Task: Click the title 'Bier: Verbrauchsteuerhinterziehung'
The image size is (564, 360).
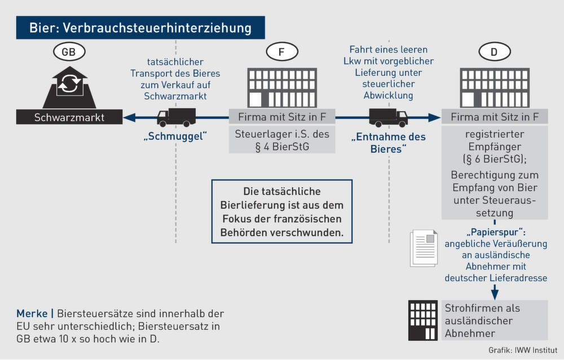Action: click(x=141, y=27)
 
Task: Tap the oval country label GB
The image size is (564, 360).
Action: click(x=69, y=52)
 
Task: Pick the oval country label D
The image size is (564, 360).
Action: click(x=495, y=52)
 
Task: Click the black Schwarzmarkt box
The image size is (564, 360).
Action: click(x=69, y=118)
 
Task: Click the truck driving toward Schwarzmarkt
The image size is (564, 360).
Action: click(x=176, y=117)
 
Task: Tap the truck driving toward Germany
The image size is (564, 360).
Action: click(x=388, y=117)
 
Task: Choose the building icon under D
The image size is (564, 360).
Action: click(x=495, y=87)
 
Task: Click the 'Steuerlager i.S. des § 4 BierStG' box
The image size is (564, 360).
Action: click(x=281, y=141)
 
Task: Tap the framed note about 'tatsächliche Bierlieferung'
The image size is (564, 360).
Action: click(x=281, y=212)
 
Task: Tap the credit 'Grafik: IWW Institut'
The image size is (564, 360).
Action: click(x=523, y=350)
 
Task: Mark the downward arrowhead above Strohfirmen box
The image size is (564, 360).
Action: click(x=495, y=294)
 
